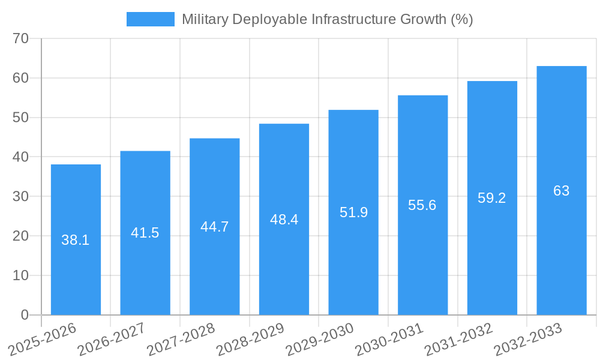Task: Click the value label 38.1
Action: pos(76,241)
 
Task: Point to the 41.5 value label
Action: pos(145,233)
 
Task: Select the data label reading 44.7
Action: pos(214,227)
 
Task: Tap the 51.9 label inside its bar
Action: pos(353,212)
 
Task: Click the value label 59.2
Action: pos(492,198)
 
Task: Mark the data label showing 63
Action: pos(561,191)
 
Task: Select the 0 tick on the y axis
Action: pos(25,315)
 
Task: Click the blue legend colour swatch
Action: pos(150,19)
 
